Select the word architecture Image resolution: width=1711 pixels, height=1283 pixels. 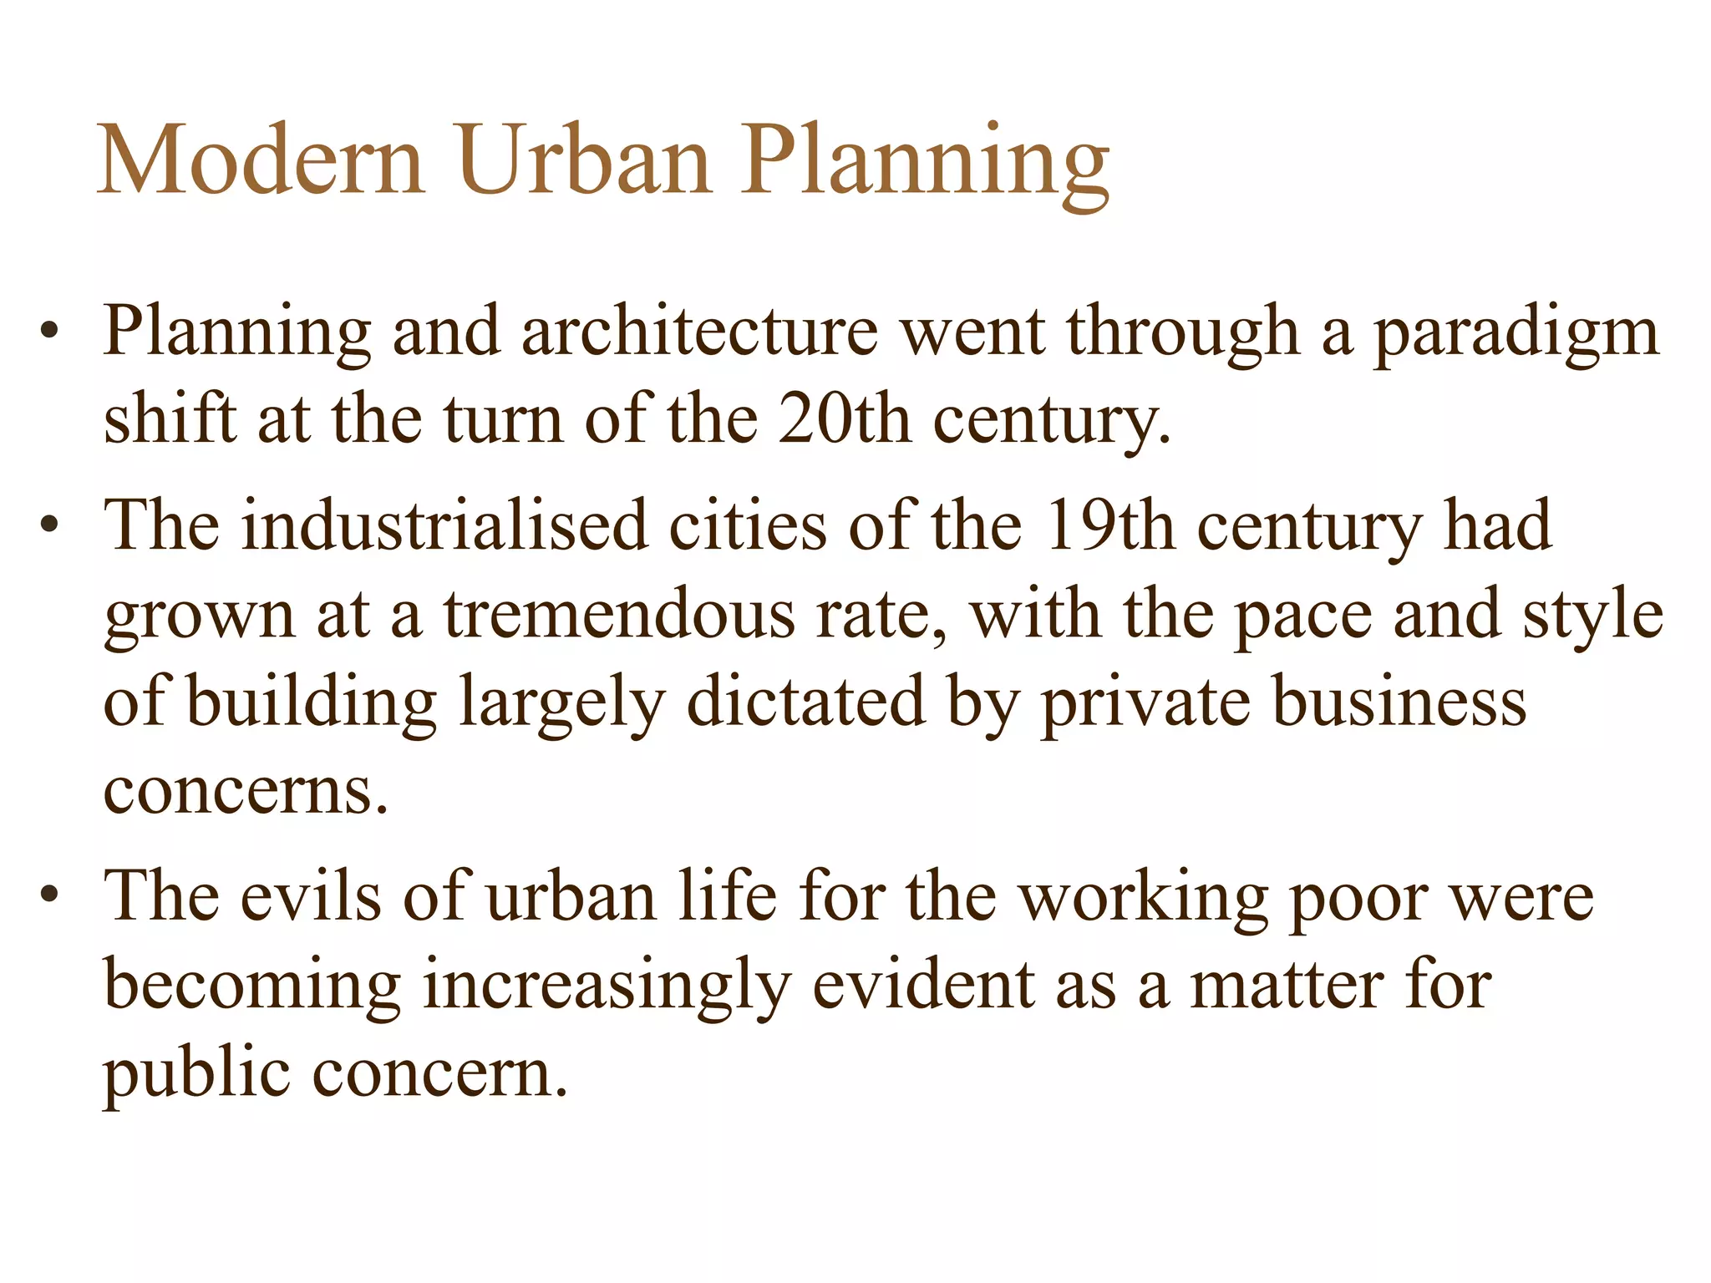point(699,332)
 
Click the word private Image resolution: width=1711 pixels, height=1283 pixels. point(1144,704)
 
